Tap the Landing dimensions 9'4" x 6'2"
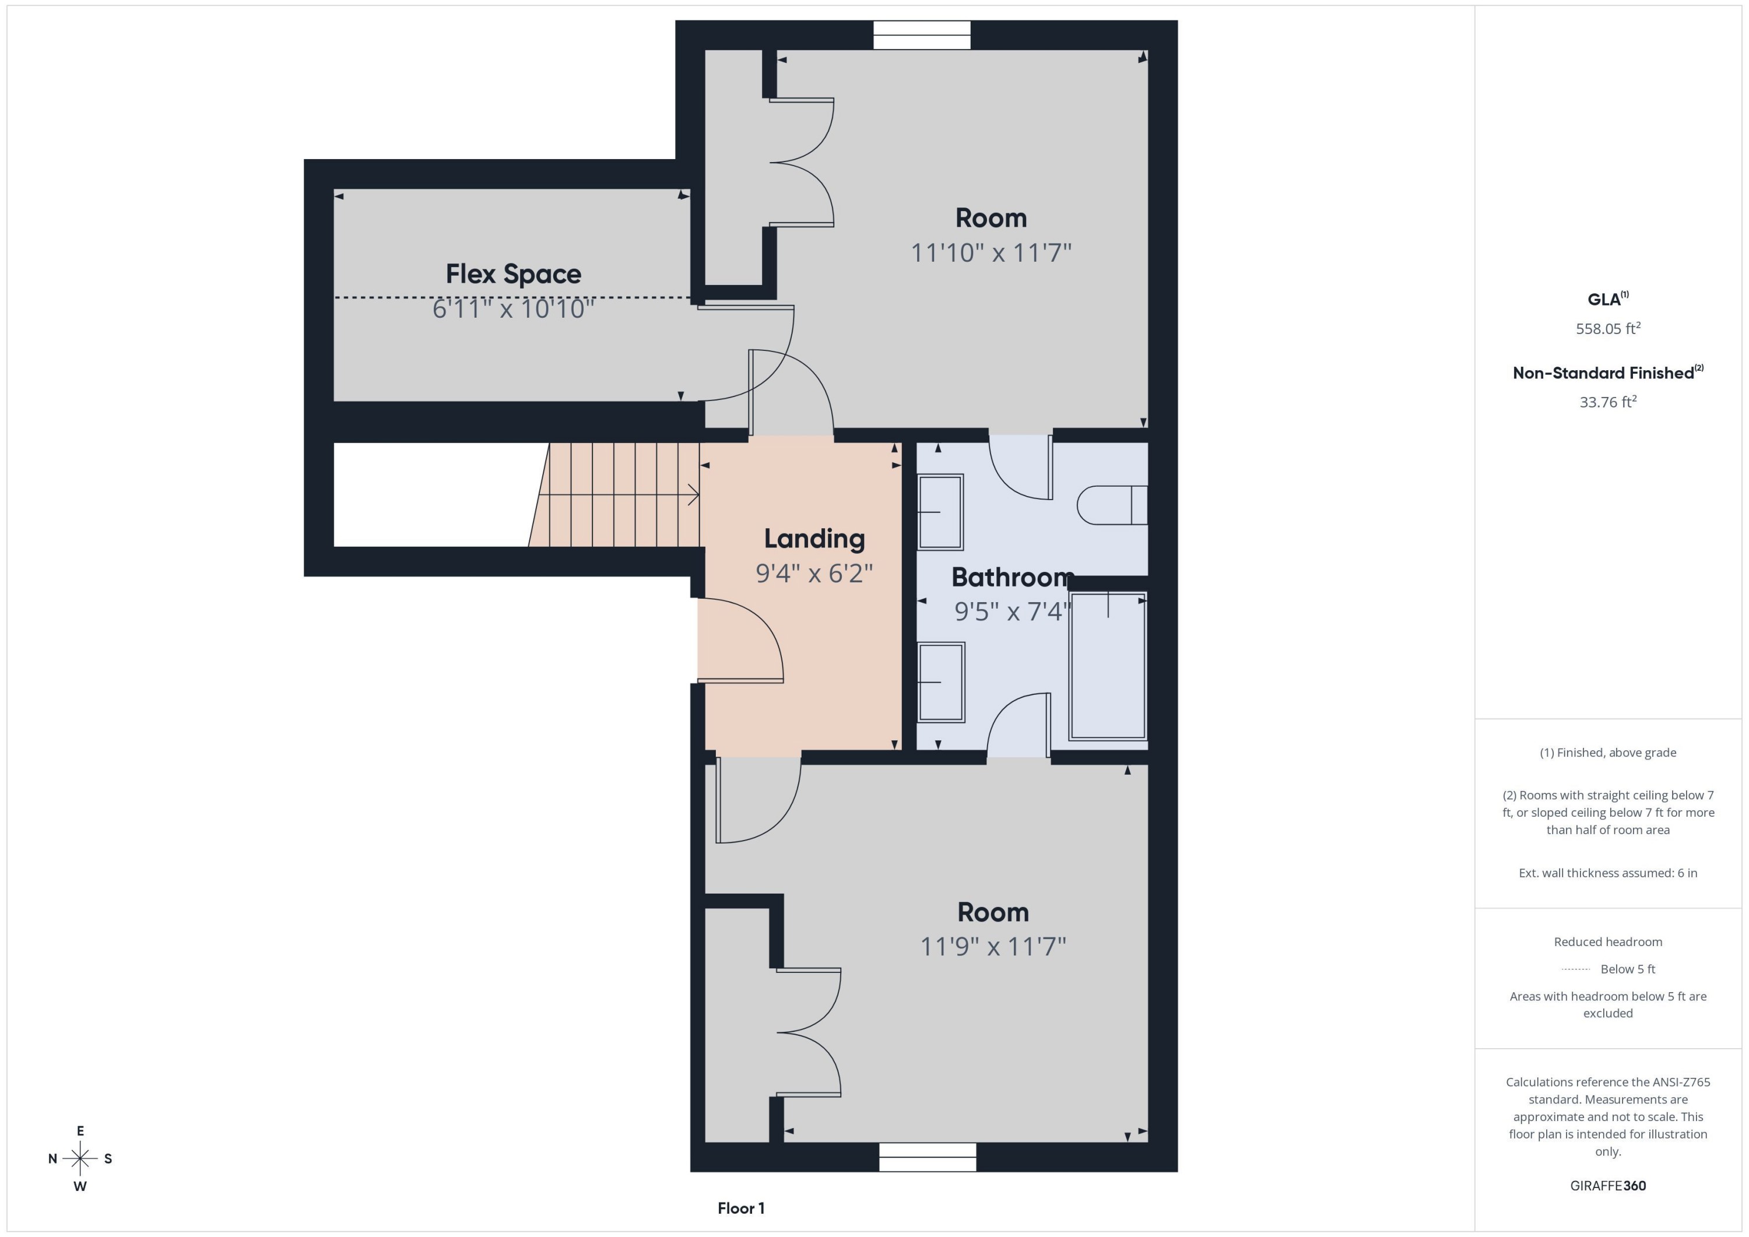(813, 573)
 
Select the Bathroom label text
(1012, 577)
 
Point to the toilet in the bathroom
(1111, 505)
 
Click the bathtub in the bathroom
(1107, 666)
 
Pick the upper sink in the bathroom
(941, 512)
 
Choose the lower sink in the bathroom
(942, 681)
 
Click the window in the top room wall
(922, 35)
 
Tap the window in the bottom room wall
(927, 1157)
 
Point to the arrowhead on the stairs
(694, 495)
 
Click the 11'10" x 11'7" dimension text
(991, 252)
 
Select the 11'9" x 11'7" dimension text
(993, 946)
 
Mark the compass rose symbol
(80, 1158)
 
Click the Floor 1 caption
(740, 1208)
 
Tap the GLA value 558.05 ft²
(1607, 329)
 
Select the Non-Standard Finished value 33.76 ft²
(1607, 402)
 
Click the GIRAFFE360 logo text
(1607, 1185)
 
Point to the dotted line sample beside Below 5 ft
(1575, 969)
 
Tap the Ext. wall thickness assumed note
(1607, 873)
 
